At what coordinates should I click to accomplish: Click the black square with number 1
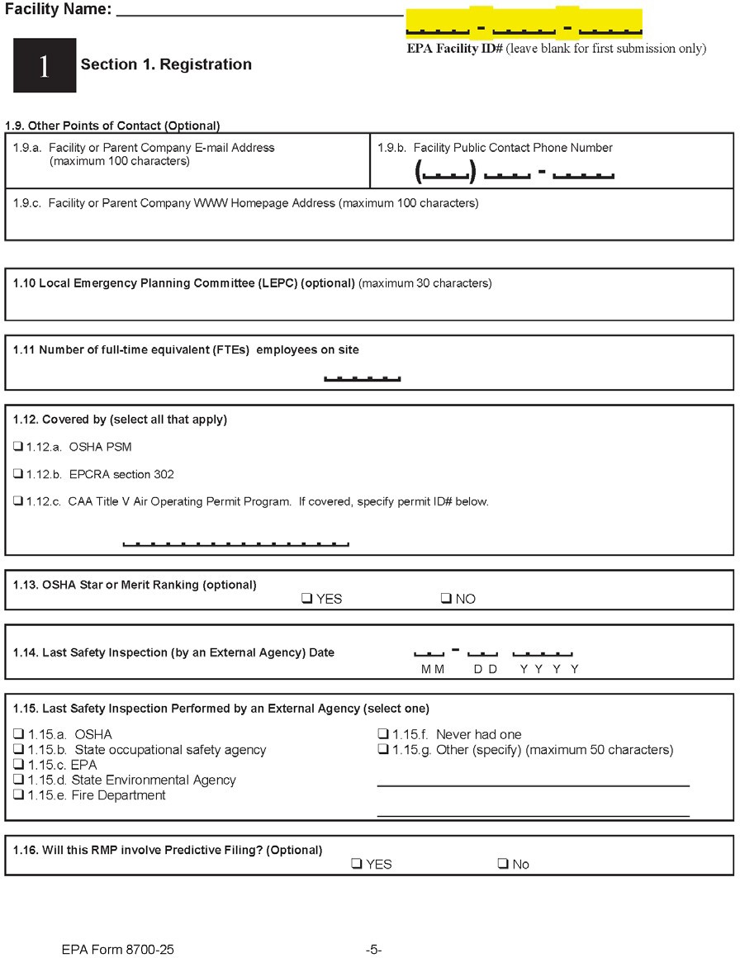click(x=45, y=65)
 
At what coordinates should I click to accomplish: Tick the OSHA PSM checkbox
click(x=18, y=447)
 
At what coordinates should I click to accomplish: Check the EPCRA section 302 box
click(x=18, y=474)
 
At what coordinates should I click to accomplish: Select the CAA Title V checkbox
click(x=18, y=501)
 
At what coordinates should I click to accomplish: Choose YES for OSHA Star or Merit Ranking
click(x=306, y=599)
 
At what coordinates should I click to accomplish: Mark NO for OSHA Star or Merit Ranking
click(x=446, y=599)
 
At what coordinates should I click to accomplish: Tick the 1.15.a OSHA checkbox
click(x=18, y=734)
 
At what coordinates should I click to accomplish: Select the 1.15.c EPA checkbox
click(x=18, y=765)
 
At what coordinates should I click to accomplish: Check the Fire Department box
click(x=18, y=795)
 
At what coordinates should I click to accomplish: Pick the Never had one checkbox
click(x=383, y=734)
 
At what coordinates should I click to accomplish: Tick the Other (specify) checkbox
click(x=383, y=750)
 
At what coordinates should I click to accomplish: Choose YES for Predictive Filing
click(x=356, y=864)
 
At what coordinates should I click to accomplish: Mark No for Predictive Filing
click(x=503, y=864)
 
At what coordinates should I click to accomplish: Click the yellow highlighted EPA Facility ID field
click(x=524, y=25)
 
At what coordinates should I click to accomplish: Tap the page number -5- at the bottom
click(x=373, y=950)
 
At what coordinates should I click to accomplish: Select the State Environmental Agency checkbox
click(x=18, y=780)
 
